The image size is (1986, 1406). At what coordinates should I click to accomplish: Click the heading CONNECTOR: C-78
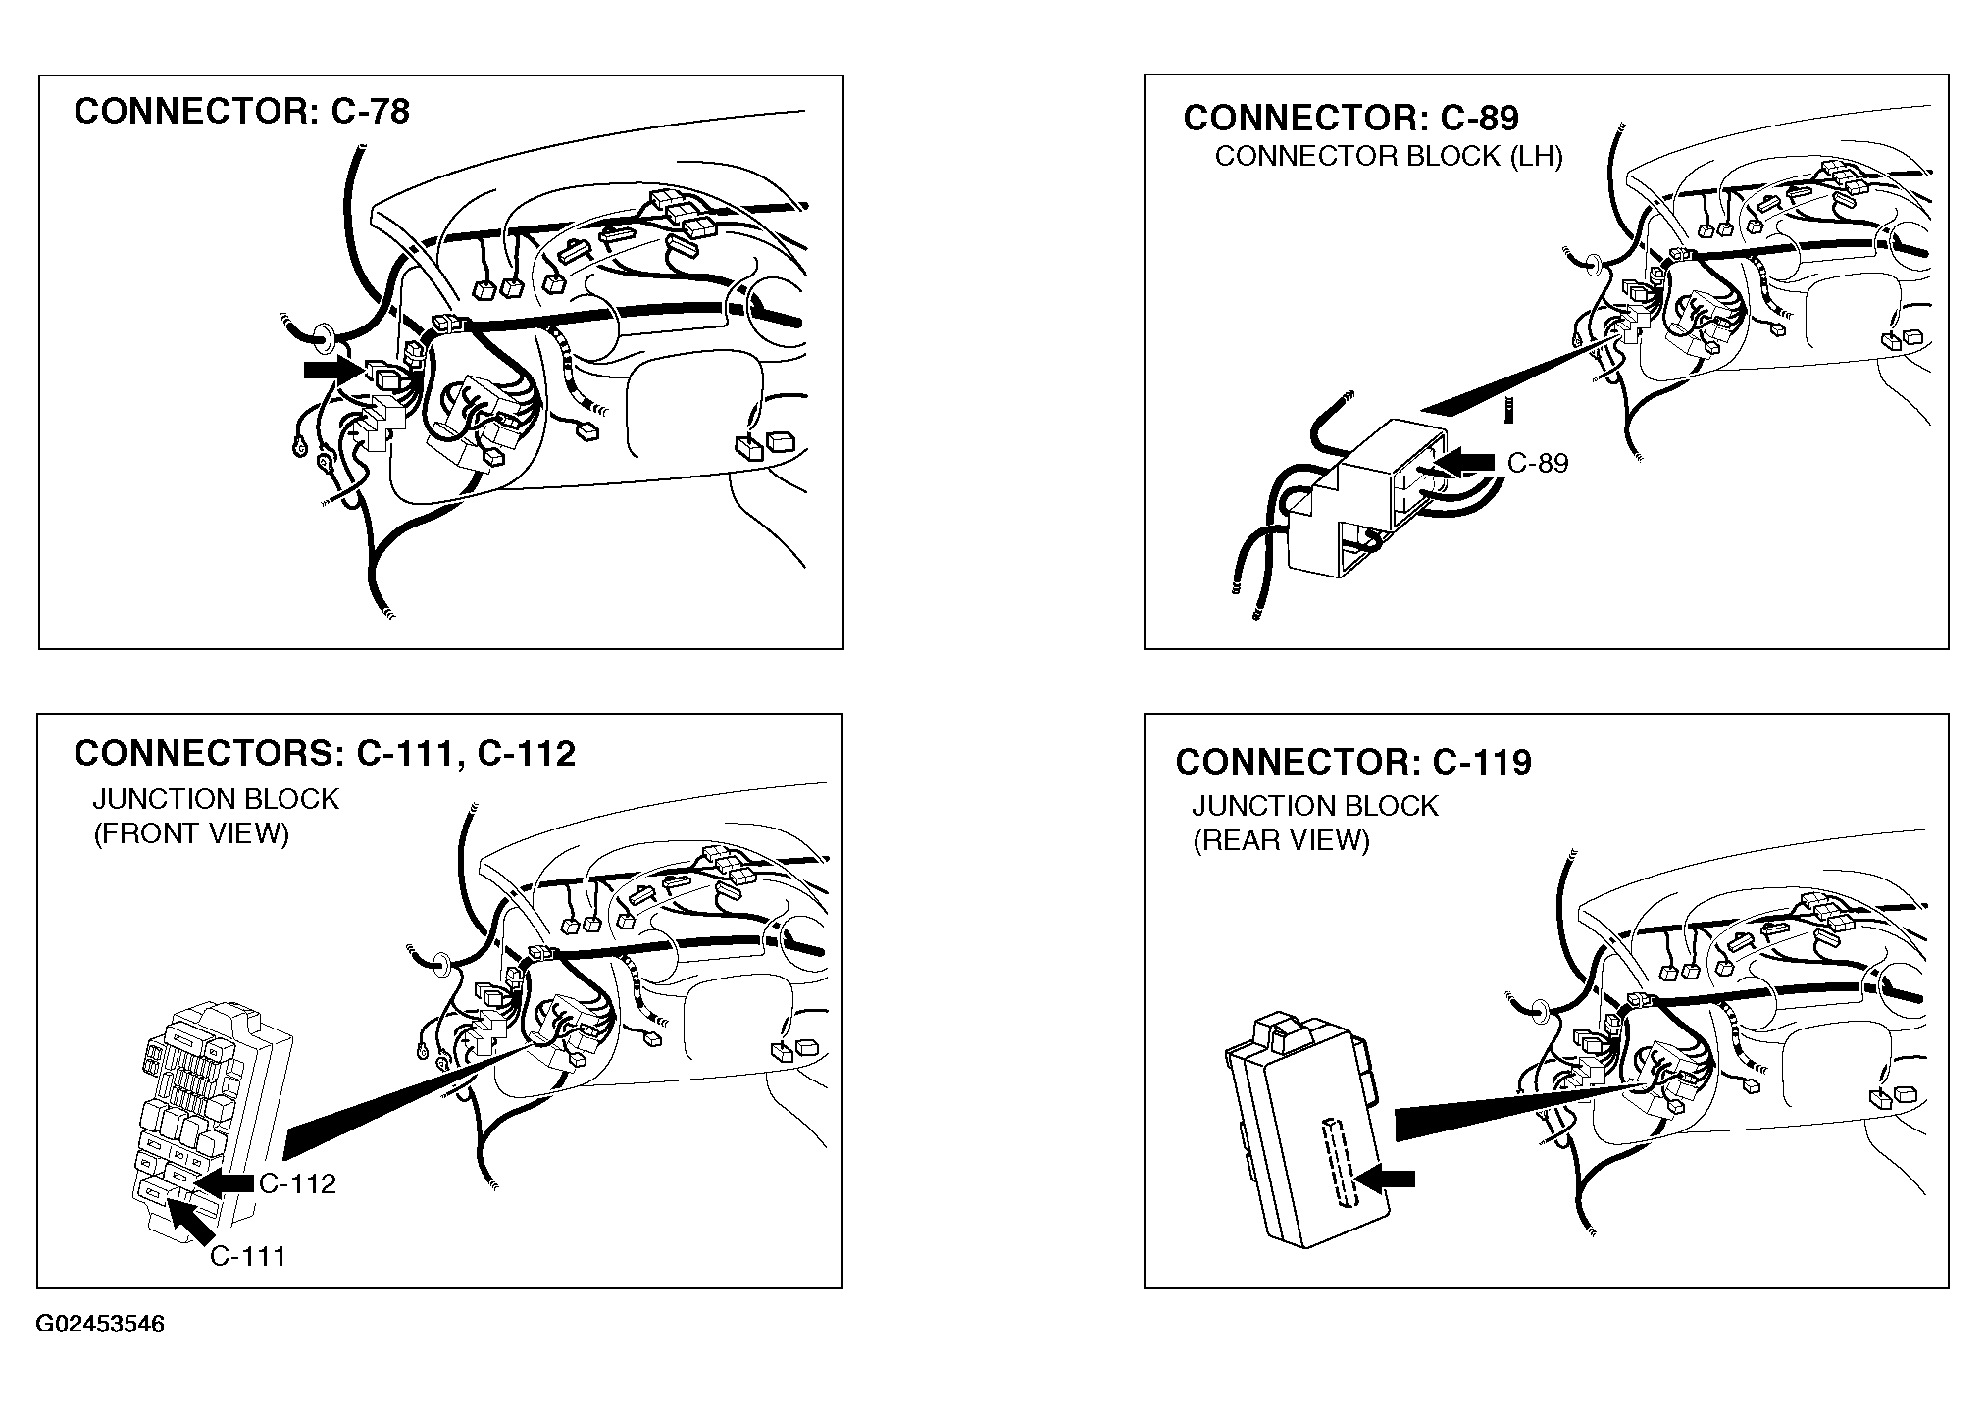[241, 111]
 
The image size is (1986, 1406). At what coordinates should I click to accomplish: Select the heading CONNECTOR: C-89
[1350, 118]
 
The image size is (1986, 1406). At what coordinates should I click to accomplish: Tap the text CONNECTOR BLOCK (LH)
[1389, 157]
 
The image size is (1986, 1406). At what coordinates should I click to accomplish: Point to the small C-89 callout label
[1538, 463]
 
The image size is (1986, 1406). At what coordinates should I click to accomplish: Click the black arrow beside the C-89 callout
[1464, 462]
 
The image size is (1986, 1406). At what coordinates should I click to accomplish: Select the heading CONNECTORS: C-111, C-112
[325, 753]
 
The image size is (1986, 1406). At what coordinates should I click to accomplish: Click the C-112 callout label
[297, 1183]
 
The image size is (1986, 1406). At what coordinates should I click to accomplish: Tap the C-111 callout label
[248, 1256]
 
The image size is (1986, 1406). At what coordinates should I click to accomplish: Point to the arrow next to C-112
[224, 1183]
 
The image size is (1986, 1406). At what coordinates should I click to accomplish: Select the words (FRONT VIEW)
[191, 834]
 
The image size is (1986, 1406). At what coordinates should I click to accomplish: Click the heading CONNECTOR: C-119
[1353, 762]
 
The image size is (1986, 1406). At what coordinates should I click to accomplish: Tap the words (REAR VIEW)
[1281, 841]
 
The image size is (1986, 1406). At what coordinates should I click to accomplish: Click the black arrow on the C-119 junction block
[1385, 1179]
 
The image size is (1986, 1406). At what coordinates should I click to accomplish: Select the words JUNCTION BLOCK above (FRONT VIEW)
[216, 799]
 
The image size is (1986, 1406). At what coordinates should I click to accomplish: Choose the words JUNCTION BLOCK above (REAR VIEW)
[1315, 806]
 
